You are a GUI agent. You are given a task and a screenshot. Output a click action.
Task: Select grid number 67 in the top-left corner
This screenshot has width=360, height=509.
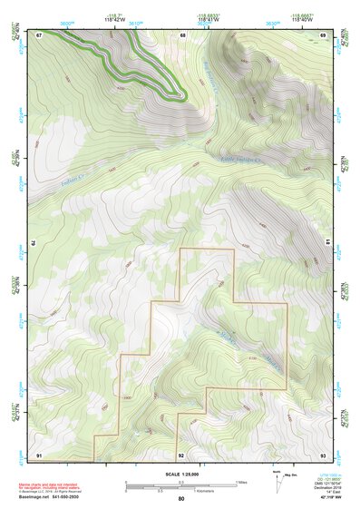[40, 34]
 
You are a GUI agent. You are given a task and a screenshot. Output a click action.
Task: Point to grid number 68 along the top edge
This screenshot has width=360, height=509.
[181, 34]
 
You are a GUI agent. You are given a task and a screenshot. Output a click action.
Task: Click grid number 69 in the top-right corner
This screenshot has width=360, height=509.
[322, 34]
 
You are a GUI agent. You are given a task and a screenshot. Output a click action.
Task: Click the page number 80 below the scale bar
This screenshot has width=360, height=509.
[181, 498]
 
